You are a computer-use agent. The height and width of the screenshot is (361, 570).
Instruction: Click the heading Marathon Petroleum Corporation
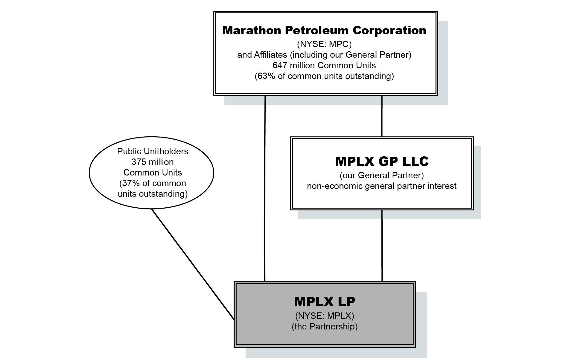(324, 30)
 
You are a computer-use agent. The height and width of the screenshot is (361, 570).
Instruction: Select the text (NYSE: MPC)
(324, 44)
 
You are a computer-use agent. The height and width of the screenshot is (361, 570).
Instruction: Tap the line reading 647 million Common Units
(324, 65)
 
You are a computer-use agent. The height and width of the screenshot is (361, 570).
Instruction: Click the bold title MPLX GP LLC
(382, 161)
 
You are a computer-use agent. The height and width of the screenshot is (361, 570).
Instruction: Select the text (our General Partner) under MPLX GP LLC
(382, 175)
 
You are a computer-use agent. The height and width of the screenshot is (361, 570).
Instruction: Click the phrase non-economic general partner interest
(382, 186)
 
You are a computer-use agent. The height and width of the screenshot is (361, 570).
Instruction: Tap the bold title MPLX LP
(324, 301)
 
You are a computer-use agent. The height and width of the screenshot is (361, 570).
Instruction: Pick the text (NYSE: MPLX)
(324, 316)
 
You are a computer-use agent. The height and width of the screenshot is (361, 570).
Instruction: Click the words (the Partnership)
(324, 326)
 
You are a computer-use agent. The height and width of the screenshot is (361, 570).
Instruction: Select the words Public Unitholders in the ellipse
(152, 151)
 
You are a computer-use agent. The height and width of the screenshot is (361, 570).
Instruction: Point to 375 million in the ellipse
(152, 162)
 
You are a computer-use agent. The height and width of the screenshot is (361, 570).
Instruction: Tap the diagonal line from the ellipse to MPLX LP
(193, 264)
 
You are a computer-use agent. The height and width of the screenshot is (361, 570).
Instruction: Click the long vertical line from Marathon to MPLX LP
(265, 188)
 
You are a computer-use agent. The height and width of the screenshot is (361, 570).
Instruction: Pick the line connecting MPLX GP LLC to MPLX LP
(382, 245)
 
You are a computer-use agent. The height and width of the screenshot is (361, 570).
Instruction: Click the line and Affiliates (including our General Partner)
(324, 55)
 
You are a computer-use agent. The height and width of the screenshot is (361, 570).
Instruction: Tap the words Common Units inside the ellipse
(152, 172)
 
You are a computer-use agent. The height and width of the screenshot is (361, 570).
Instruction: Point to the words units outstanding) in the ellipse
(152, 194)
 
